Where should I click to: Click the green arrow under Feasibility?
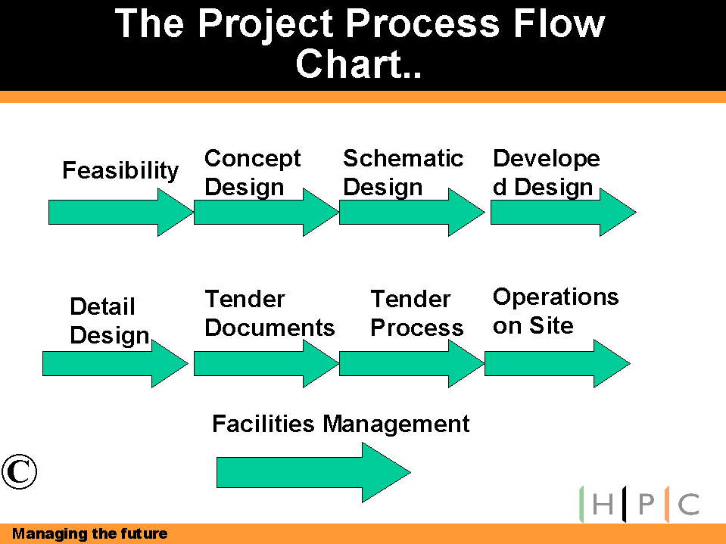click(121, 213)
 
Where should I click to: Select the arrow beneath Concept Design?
click(266, 213)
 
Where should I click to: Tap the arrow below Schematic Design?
click(412, 213)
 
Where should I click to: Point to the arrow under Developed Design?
click(563, 213)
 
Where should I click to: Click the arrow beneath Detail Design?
click(115, 364)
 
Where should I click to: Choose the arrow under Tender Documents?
click(266, 364)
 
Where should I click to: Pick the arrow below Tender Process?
click(412, 364)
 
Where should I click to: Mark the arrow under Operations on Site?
click(557, 364)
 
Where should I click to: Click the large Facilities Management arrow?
click(313, 472)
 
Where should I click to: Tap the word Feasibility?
click(120, 171)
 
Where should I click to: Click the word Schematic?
click(403, 158)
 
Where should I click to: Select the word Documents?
click(270, 328)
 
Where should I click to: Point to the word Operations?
click(556, 297)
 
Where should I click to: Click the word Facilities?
click(263, 423)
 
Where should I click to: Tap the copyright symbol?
click(19, 471)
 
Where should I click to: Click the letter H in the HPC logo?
click(603, 504)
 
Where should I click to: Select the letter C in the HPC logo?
click(688, 504)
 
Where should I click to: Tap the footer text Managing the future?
click(90, 534)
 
